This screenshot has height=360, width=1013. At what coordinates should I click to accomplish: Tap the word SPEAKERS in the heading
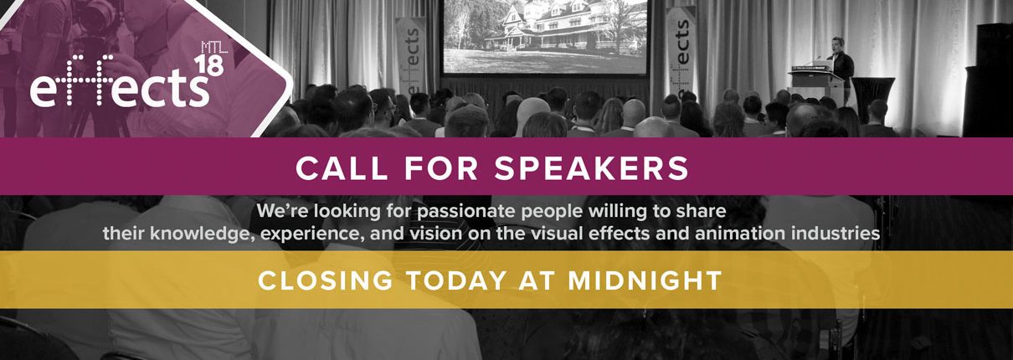point(592,168)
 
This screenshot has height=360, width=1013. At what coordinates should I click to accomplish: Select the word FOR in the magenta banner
point(441,168)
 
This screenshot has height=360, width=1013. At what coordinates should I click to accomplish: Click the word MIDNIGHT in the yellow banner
point(645,280)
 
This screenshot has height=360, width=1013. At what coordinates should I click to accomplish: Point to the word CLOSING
point(325,280)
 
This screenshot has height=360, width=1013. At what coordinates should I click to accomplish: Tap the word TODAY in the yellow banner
point(455,280)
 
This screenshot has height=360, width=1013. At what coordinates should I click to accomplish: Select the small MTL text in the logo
point(214,48)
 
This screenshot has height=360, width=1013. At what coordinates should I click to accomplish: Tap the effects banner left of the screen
point(412,57)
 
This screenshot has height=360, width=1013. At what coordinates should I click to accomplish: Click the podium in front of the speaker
point(817,84)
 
